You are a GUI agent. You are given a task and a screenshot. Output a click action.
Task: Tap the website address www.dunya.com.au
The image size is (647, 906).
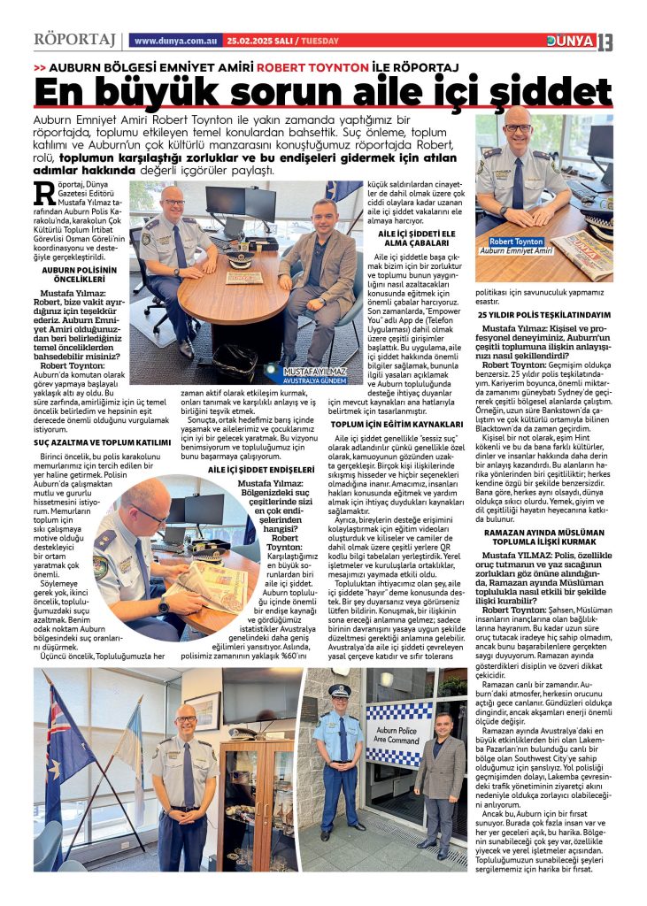(x=175, y=41)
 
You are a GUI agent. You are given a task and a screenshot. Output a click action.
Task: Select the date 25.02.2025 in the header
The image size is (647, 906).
(x=249, y=41)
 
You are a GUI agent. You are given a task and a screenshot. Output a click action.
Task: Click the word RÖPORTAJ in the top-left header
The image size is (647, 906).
(x=74, y=41)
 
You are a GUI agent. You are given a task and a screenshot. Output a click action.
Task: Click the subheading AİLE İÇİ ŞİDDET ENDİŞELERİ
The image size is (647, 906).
(x=262, y=469)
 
